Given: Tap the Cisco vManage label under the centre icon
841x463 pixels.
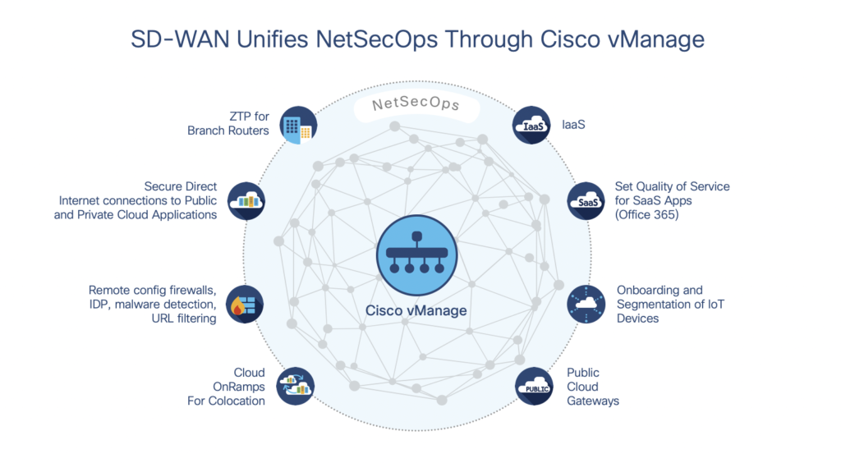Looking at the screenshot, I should tap(416, 311).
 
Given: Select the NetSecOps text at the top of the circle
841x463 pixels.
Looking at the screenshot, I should tap(416, 106).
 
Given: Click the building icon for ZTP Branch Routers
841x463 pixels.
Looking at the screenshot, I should tap(297, 126).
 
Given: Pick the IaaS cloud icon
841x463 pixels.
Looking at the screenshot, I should tap(532, 126).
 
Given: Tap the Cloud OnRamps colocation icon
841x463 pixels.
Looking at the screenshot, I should tap(296, 386).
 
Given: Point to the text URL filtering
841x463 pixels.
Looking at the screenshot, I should tap(184, 319).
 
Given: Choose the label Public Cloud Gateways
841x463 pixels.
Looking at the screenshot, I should tap(592, 387).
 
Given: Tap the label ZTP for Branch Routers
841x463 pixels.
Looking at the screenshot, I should tap(227, 123).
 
